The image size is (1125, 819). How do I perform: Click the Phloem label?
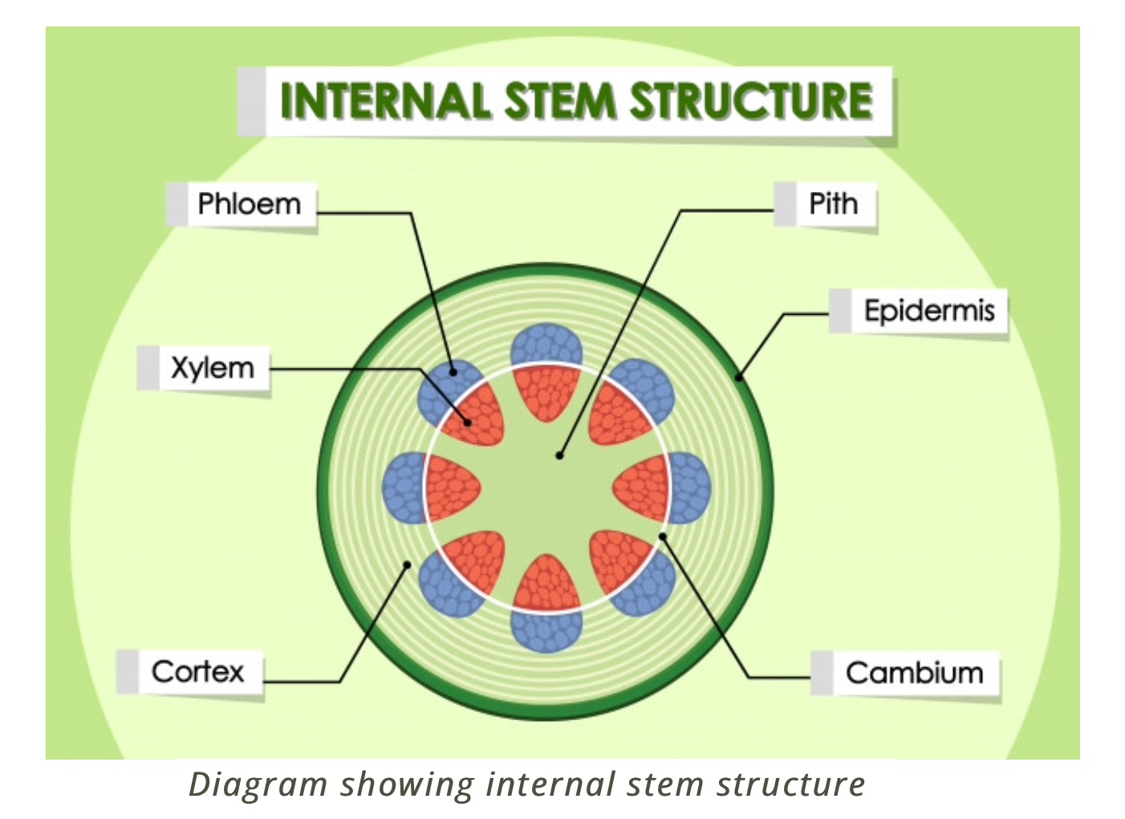tap(249, 205)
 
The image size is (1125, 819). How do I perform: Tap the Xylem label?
tap(212, 369)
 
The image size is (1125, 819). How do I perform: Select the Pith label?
tap(833, 205)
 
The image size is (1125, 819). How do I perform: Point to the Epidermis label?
tap(928, 311)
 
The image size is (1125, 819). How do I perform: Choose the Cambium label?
tap(914, 673)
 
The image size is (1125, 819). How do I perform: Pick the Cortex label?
tap(197, 671)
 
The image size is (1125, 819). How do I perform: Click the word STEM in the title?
tap(559, 101)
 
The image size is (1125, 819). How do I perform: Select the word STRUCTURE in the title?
tap(751, 101)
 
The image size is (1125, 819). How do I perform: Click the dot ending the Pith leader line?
tap(559, 456)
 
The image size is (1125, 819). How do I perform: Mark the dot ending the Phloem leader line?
tap(453, 372)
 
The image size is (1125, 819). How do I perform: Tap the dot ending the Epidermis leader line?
tap(739, 376)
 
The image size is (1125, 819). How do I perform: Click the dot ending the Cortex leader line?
tap(407, 565)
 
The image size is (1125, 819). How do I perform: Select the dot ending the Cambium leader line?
tap(662, 536)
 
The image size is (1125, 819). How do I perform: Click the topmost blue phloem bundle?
tap(546, 344)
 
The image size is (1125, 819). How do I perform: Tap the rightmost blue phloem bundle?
tap(689, 487)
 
